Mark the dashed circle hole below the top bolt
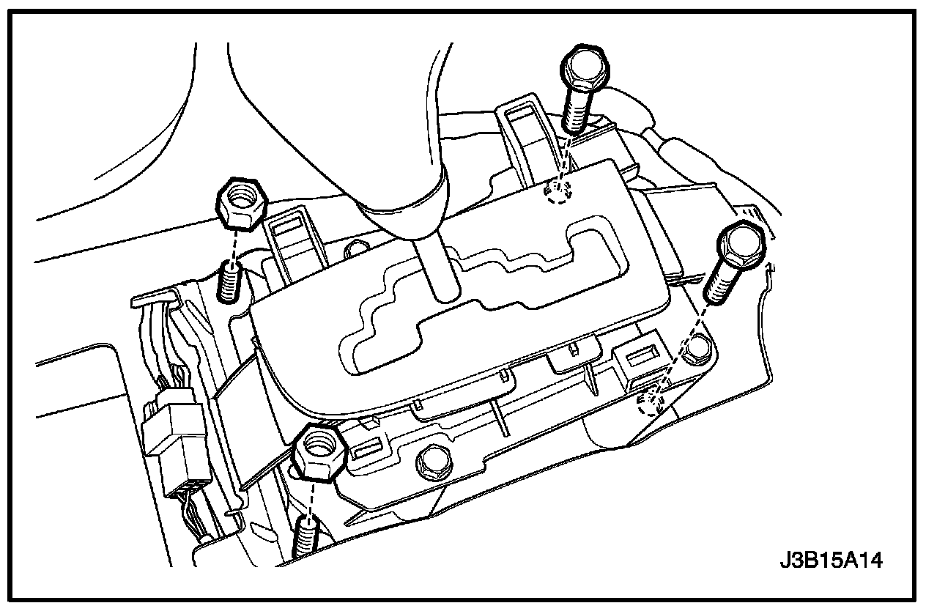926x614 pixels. (x=558, y=193)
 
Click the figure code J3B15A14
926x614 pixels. (x=831, y=562)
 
